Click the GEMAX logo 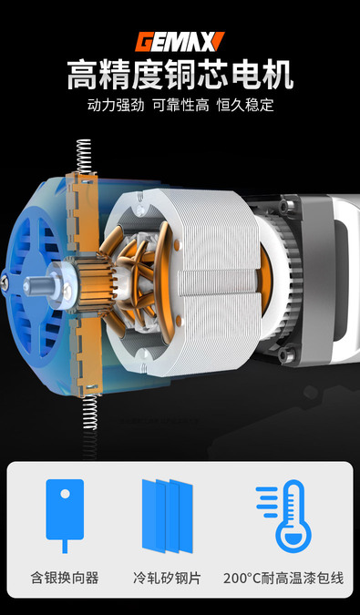(180, 42)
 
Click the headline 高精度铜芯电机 (180, 75)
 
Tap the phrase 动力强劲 (116, 105)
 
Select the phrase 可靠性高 (180, 105)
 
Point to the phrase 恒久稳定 (245, 105)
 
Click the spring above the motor (84, 156)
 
